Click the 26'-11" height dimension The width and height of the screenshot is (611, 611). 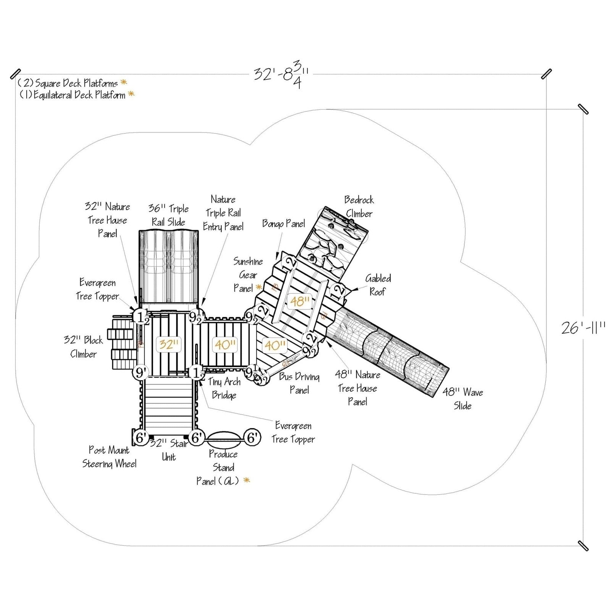583,328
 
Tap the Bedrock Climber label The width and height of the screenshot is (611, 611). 359,207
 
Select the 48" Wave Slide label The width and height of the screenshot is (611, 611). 463,399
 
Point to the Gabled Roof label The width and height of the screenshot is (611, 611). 378,285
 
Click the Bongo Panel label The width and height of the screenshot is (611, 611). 283,223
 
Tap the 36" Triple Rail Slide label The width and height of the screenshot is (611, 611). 168,215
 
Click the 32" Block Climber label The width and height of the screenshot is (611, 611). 83,347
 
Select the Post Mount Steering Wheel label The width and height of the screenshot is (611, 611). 109,457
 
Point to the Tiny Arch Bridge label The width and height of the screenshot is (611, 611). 224,388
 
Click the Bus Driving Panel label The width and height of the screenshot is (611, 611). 299,383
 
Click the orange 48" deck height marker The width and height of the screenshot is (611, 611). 300,301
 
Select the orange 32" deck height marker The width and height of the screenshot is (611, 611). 168,344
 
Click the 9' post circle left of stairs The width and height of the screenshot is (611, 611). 141,372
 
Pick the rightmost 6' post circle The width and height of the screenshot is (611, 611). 252,438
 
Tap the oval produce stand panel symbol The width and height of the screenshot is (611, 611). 224,438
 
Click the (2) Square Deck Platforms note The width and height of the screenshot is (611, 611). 68,83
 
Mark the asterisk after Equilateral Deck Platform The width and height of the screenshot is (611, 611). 131,94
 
